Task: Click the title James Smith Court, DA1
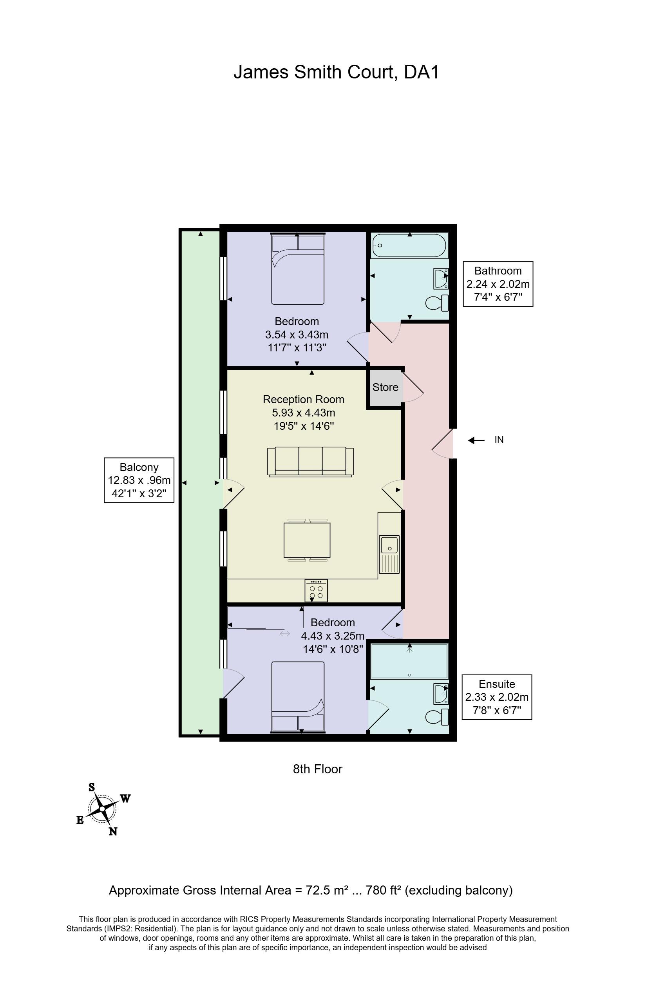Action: (336, 72)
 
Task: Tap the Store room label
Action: (385, 387)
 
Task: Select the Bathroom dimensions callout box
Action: (498, 284)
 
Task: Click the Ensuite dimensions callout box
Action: (497, 697)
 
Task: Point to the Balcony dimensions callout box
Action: (139, 480)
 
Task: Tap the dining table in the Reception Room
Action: (307, 540)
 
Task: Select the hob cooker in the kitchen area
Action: (316, 591)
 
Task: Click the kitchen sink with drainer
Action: (389, 555)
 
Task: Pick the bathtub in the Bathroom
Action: (409, 246)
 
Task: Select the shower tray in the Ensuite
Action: (409, 661)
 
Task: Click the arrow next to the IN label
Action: (476, 440)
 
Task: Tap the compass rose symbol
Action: (102, 809)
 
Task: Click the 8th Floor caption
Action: (318, 769)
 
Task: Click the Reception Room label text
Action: (303, 400)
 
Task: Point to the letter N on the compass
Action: (112, 832)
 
